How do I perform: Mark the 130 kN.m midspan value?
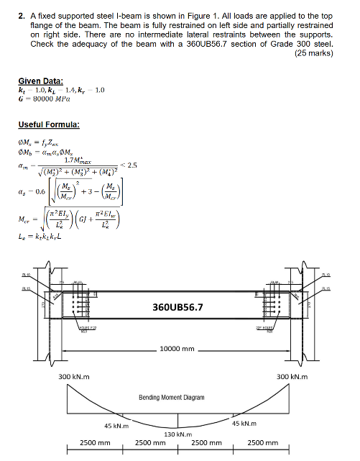click(x=178, y=434)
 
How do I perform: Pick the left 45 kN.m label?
click(x=116, y=425)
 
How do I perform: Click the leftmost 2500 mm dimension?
click(x=94, y=444)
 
